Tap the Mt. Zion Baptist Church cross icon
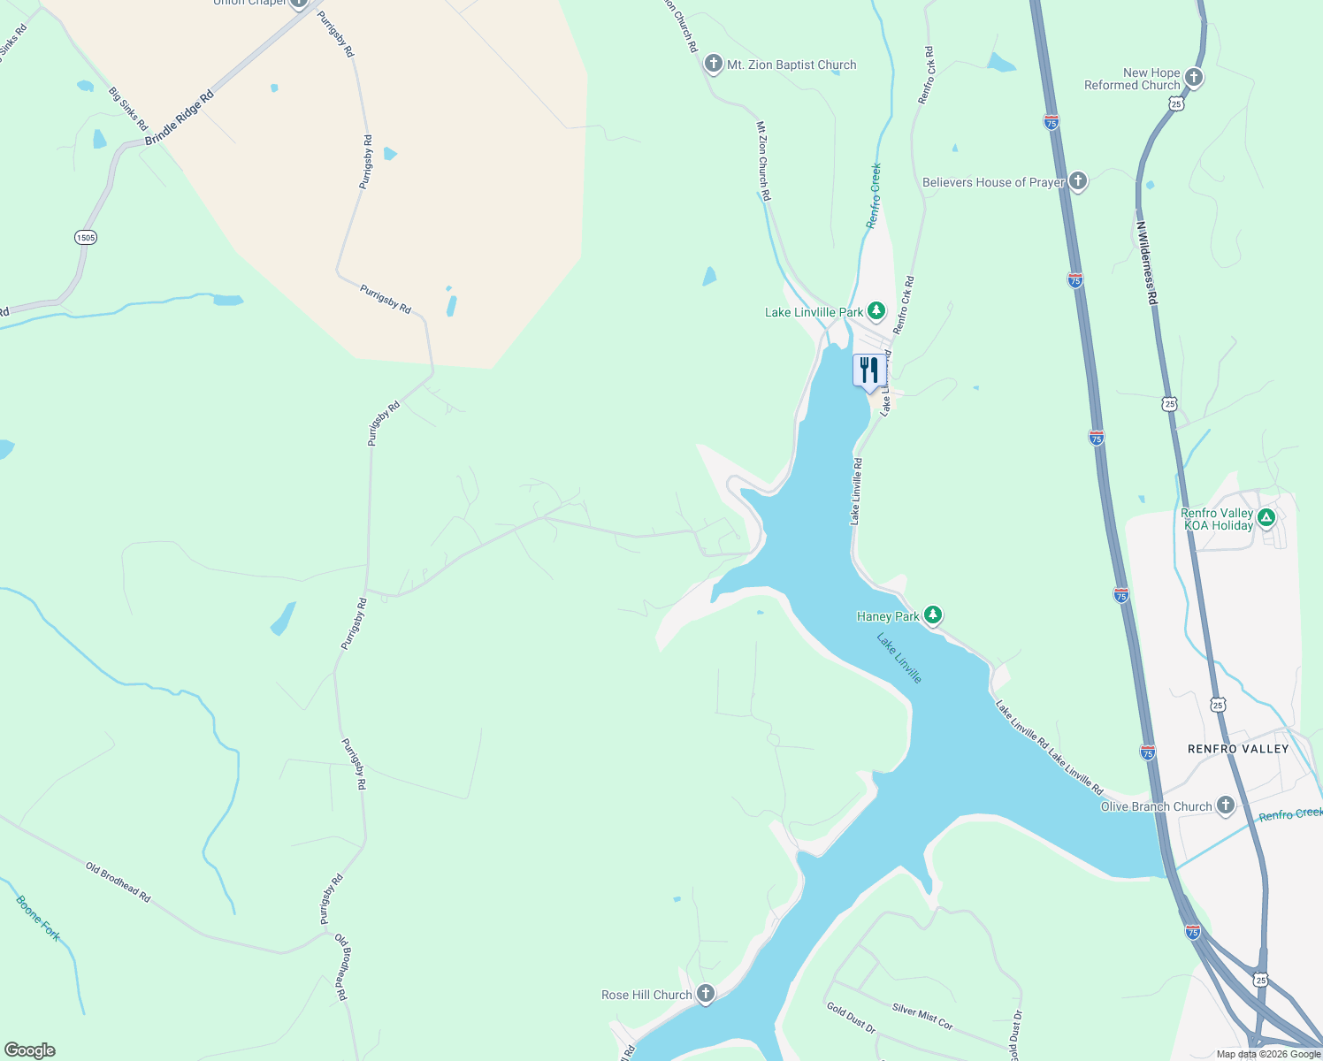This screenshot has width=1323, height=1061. point(713,65)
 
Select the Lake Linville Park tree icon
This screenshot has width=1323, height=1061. point(876,311)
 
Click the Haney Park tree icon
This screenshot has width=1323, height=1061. point(932,615)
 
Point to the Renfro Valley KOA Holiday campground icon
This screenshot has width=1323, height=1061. point(1266,518)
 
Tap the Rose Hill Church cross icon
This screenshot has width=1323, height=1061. point(705,994)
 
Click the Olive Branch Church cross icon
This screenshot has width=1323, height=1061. point(1225,805)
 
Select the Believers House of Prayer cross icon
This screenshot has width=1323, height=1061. point(1077,181)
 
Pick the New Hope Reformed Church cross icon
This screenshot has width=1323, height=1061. point(1193,78)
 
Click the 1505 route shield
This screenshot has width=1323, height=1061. point(86,238)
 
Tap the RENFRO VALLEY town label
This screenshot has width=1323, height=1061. point(1237,749)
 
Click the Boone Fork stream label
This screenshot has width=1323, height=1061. point(38,919)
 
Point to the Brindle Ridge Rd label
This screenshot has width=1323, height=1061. point(180,118)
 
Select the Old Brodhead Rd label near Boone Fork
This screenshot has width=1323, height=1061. point(118,882)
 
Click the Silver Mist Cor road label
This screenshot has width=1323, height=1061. point(922,1017)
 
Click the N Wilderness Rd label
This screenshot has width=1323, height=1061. point(1147,263)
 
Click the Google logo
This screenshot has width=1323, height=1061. point(29,1050)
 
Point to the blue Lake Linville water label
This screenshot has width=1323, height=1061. point(899,658)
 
